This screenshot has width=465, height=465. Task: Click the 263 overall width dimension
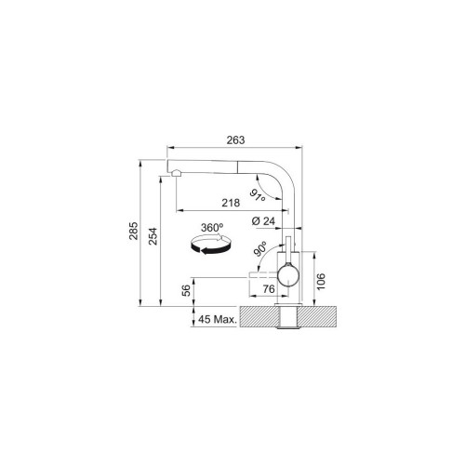tap(235, 140)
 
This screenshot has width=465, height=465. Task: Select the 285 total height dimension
tap(134, 231)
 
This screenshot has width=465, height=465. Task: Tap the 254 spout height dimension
tap(153, 236)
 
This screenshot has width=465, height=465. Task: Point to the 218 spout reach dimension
tap(231, 203)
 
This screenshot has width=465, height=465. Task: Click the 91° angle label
tap(258, 195)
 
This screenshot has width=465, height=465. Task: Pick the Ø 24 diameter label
tap(263, 221)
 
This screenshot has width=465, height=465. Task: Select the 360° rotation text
tap(212, 228)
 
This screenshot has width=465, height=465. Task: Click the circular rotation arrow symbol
tap(211, 245)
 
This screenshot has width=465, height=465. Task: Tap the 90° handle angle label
tap(260, 249)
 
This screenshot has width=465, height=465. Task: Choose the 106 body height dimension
tap(321, 282)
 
